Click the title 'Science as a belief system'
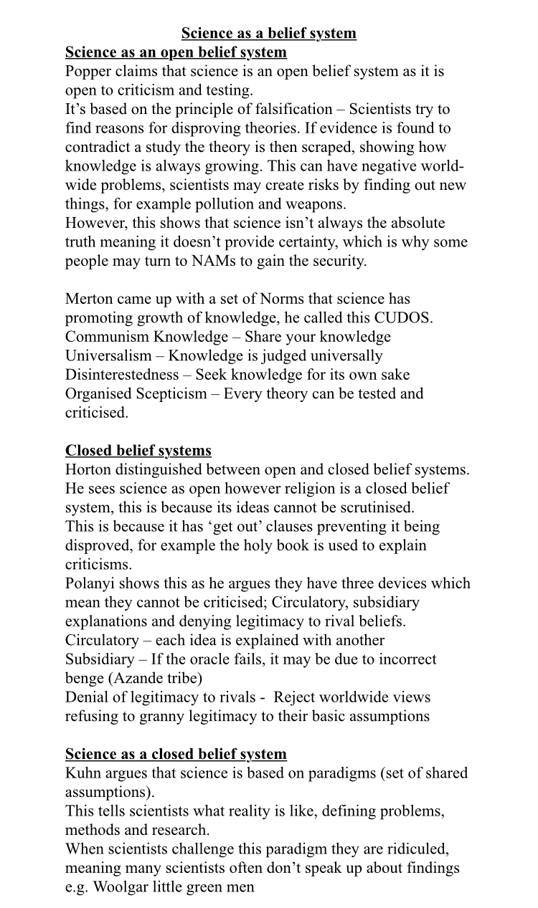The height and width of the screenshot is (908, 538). [x=268, y=34]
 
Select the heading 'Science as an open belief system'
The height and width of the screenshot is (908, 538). [x=176, y=52]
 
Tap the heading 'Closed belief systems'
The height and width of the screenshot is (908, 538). [x=138, y=451]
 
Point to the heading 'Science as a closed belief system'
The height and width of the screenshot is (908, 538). [x=176, y=754]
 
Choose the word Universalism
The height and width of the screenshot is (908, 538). [x=108, y=355]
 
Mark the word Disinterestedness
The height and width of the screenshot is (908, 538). [x=126, y=375]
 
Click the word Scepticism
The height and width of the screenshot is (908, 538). [x=169, y=393]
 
